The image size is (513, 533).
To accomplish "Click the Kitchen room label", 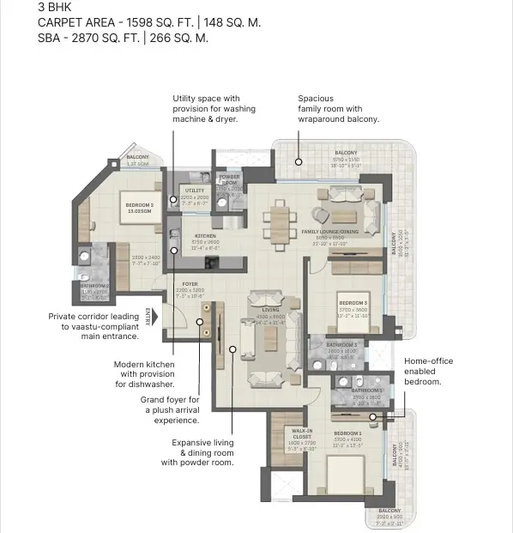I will (204, 235).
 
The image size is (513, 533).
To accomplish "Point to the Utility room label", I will (195, 191).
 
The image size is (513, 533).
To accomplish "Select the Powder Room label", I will (229, 179).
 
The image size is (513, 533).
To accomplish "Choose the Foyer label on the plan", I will (190, 283).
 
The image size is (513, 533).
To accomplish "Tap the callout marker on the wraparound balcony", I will (299, 161).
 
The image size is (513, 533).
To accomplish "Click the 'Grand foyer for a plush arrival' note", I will (170, 410).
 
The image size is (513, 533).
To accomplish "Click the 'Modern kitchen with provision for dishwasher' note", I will (144, 374).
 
